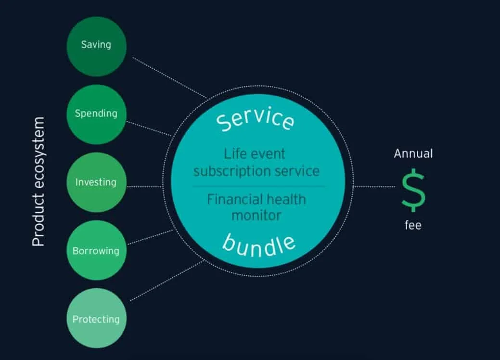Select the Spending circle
[x=96, y=114]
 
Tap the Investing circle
[x=96, y=182]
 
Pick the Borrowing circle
[x=96, y=251]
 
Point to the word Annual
[x=413, y=154]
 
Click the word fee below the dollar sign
[x=413, y=224]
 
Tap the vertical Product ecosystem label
[x=38, y=182]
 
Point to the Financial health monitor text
[x=256, y=206]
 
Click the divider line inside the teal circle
[x=258, y=186]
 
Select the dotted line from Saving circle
[x=168, y=78]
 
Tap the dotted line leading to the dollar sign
[x=375, y=186]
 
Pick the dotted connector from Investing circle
[x=144, y=186]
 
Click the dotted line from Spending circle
[x=149, y=129]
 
